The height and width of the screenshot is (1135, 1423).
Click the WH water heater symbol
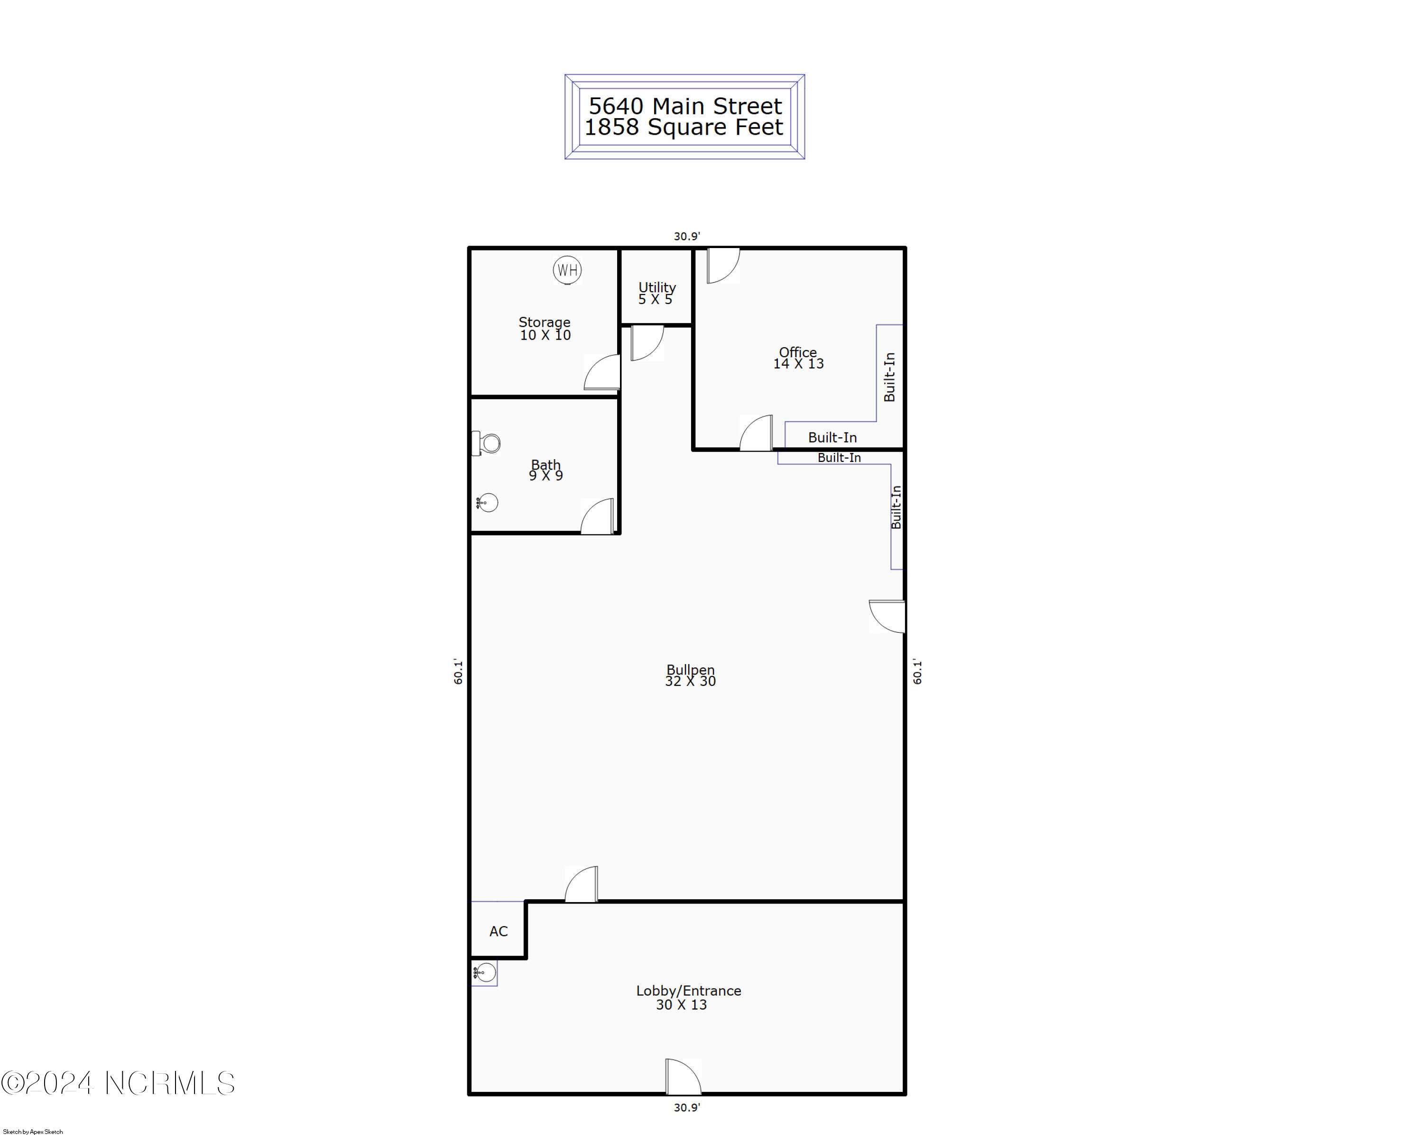pos(567,270)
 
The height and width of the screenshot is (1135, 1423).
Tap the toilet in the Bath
pos(487,443)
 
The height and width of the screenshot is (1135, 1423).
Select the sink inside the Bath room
pos(487,503)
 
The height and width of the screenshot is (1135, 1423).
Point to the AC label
pos(499,931)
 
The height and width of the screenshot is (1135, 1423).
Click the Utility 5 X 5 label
pos(657,293)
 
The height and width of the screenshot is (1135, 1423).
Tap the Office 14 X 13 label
pos(798,358)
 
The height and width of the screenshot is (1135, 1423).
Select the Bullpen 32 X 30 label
pos(690,675)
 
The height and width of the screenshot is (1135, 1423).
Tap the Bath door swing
pos(597,516)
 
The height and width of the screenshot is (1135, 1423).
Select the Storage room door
pos(602,372)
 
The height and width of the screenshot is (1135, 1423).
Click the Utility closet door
pos(647,343)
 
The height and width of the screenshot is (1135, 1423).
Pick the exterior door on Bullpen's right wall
pos(887,616)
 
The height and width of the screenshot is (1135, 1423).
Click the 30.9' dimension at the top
pos(686,236)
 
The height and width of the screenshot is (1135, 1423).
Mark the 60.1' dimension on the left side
pos(458,671)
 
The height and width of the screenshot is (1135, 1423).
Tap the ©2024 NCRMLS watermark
pos(118,1083)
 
